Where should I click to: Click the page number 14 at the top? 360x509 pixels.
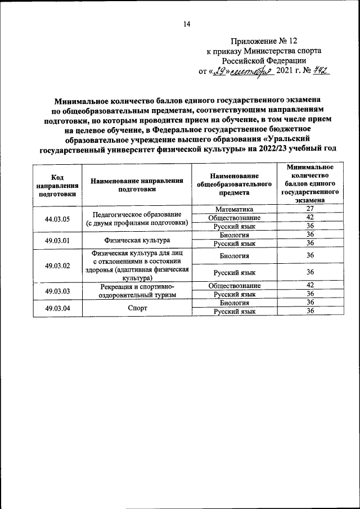187,24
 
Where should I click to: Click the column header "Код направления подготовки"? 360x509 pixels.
57,185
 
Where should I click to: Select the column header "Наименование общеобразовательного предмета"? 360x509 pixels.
234,185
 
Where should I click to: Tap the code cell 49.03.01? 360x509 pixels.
57,239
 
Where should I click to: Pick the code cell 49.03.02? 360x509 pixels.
57,264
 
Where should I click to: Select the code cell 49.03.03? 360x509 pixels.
57,290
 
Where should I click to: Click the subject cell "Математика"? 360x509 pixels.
234,209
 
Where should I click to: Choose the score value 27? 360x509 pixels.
309,209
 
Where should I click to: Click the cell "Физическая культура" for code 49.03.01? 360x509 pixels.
137,240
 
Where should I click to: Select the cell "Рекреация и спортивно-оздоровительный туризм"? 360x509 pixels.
137,290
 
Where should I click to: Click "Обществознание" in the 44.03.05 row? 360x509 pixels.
234,218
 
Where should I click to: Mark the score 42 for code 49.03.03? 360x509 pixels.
309,286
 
